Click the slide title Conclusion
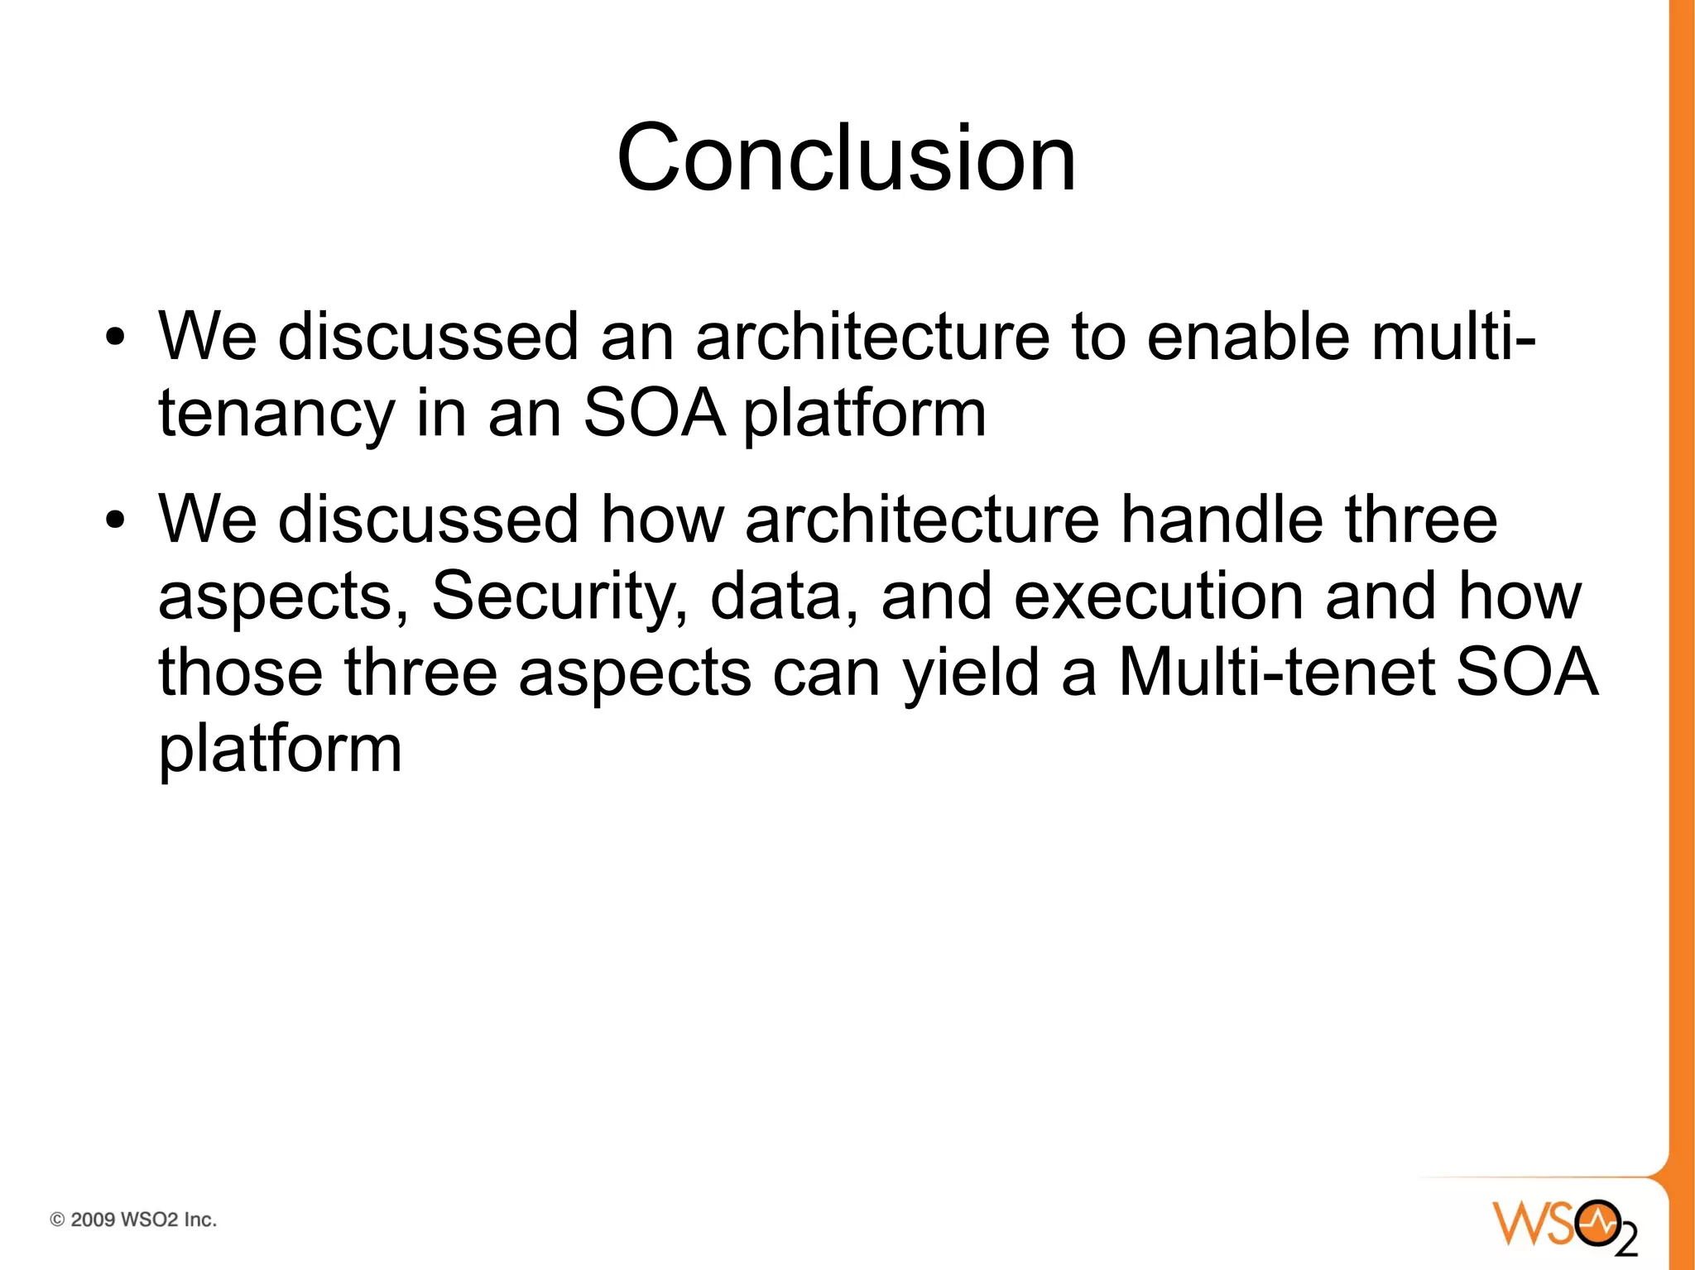click(846, 157)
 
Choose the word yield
click(970, 673)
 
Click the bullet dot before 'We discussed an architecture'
click(115, 338)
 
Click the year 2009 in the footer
click(93, 1220)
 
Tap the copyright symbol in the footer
click(58, 1220)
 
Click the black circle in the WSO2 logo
click(1597, 1222)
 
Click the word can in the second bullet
click(825, 673)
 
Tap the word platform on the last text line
click(280, 749)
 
